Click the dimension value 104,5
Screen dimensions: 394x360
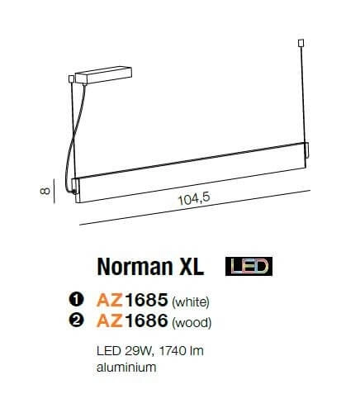(192, 199)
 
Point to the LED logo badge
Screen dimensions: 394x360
(249, 267)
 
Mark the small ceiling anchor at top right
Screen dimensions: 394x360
(301, 44)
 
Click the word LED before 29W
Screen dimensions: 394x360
(107, 351)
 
